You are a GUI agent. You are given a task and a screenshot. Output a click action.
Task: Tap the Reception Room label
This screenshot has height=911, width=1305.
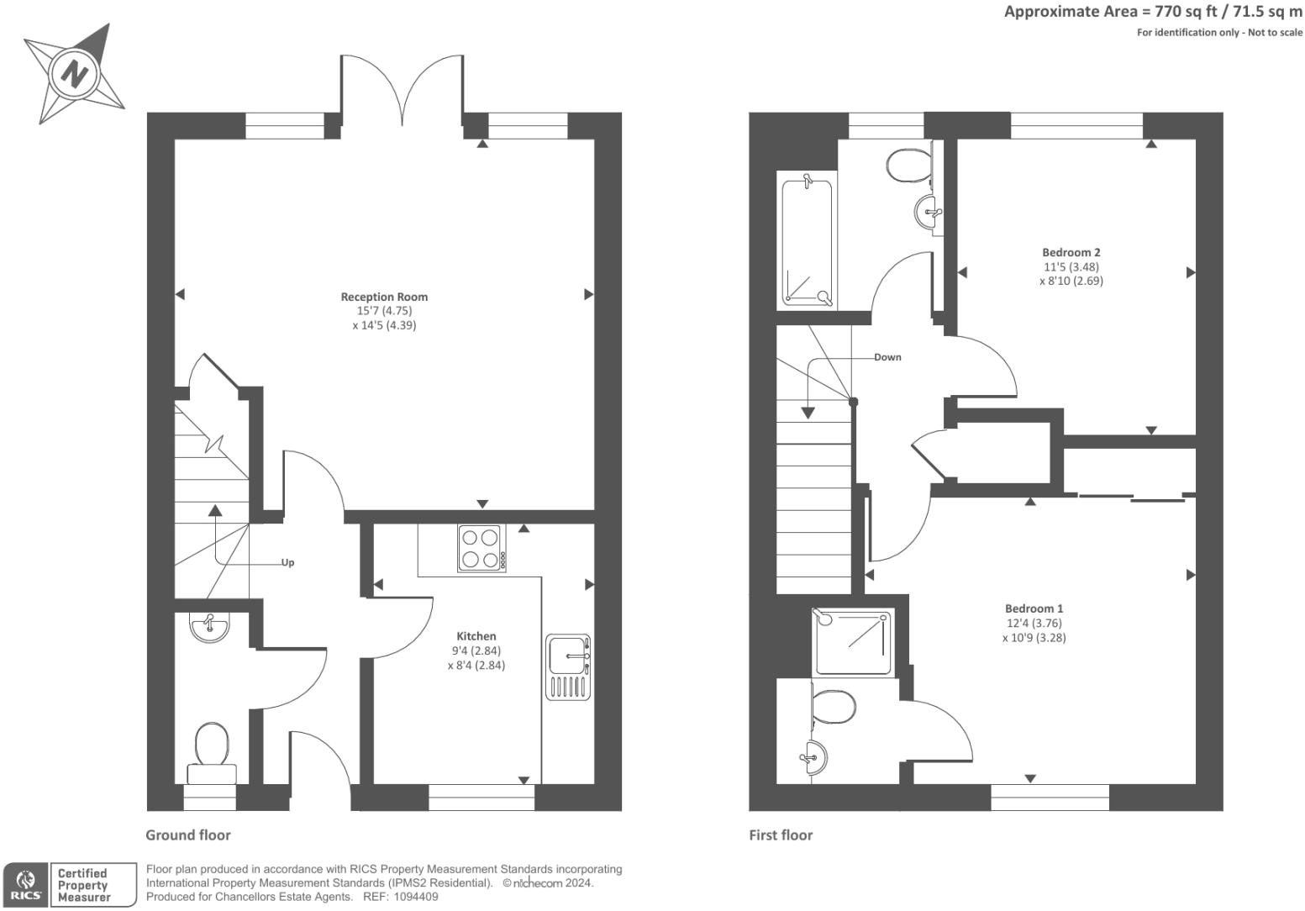[384, 297]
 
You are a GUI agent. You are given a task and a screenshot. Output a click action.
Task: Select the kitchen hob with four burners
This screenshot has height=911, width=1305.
[481, 548]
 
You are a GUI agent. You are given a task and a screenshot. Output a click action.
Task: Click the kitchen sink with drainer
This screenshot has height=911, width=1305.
[569, 666]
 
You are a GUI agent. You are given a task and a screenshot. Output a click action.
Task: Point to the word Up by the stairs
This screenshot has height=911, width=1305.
[287, 563]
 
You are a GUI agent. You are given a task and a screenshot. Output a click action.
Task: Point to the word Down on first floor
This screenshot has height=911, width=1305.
[887, 357]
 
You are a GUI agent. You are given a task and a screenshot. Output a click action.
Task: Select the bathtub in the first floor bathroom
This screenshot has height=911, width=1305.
[807, 240]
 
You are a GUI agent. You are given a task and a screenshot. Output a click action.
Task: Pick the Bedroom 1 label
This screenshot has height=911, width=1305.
[1034, 608]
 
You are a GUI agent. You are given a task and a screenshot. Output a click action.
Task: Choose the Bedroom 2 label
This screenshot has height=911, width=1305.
[1071, 252]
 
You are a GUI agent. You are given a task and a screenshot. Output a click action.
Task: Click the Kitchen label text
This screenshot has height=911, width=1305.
[476, 636]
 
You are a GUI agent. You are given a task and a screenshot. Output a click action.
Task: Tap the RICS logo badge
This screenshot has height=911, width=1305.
[26, 885]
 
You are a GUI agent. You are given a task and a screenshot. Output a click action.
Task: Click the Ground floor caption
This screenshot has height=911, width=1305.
[187, 835]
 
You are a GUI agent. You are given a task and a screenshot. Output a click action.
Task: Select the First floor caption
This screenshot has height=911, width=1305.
[781, 835]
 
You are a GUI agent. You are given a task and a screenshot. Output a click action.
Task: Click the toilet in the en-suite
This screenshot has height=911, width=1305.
[834, 707]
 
